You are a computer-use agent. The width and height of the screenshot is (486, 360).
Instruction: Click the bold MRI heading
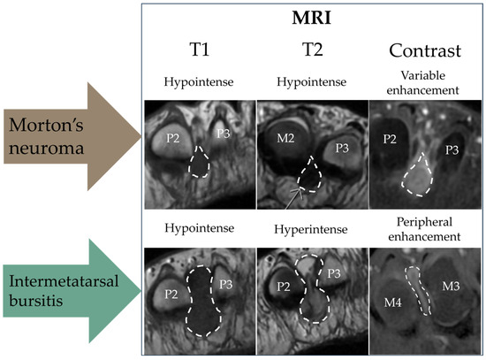coord(311,19)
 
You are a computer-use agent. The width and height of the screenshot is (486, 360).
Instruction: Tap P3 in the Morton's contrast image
coord(454,150)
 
